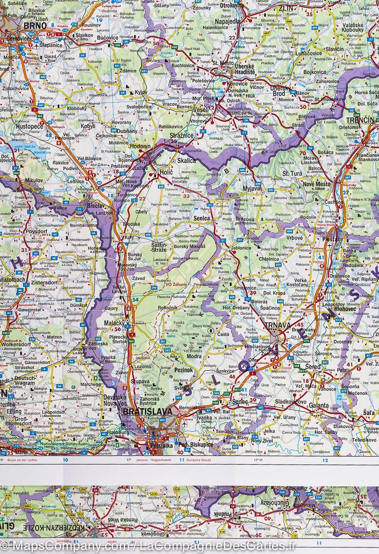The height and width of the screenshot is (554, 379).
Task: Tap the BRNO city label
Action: coord(35,26)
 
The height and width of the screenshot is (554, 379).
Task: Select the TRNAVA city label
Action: coord(277,327)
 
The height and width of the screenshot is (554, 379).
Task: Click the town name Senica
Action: coord(201,218)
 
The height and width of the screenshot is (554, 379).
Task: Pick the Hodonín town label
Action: coord(140,146)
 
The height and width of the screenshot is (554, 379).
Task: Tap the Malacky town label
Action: coord(112,324)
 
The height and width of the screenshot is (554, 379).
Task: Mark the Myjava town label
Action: coord(252,189)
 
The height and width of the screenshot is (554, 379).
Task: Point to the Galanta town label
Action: coord(319,405)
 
